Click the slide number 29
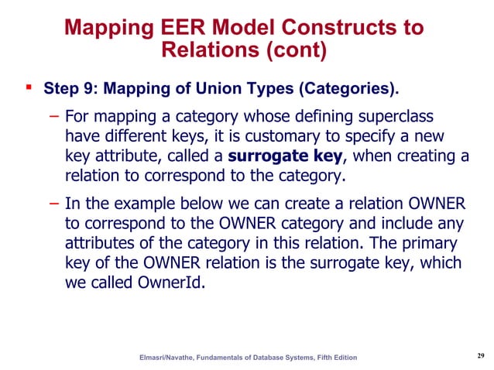coord(479,355)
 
